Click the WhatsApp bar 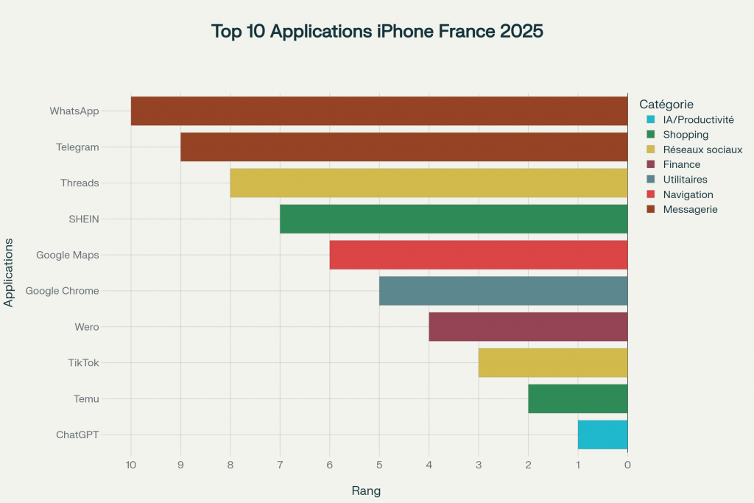click(379, 110)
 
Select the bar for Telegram click(404, 147)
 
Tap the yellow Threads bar click(429, 183)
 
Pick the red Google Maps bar click(479, 255)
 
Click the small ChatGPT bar click(602, 435)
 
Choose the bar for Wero click(528, 326)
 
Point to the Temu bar click(577, 398)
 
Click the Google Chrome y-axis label click(62, 291)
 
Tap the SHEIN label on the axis click(83, 219)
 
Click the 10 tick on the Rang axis click(131, 465)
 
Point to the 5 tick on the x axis click(379, 465)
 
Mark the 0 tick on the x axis click(627, 465)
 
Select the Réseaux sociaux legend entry click(702, 150)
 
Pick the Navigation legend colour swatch click(650, 194)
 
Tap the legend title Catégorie click(666, 105)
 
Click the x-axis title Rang click(366, 490)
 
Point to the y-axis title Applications click(9, 272)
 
